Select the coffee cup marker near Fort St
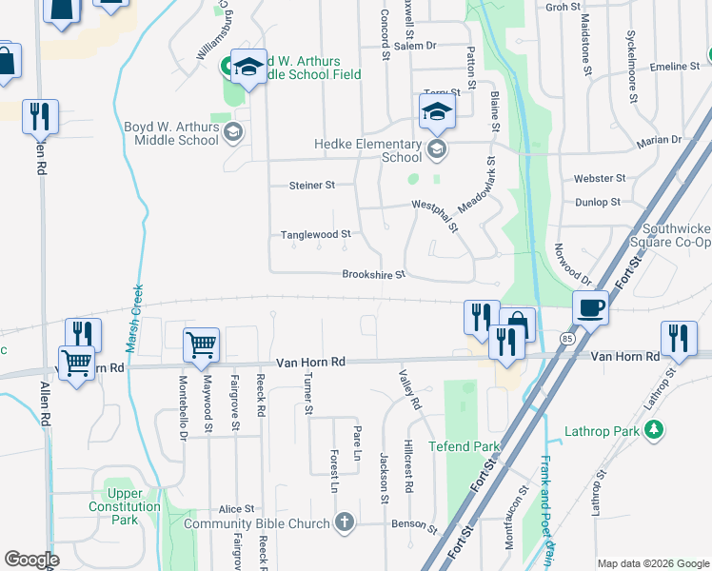pyautogui.click(x=590, y=307)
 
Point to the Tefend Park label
pyautogui.click(x=464, y=445)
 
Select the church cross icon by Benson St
pyautogui.click(x=344, y=522)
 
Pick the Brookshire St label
pyautogui.click(x=374, y=275)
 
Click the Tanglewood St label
pyautogui.click(x=315, y=233)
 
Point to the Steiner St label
pyautogui.click(x=312, y=186)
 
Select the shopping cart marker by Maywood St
pyautogui.click(x=201, y=345)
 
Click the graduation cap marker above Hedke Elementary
pyautogui.click(x=437, y=111)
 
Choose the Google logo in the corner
pyautogui.click(x=31, y=560)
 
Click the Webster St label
pyautogui.click(x=600, y=178)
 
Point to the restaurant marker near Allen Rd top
pyautogui.click(x=40, y=116)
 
